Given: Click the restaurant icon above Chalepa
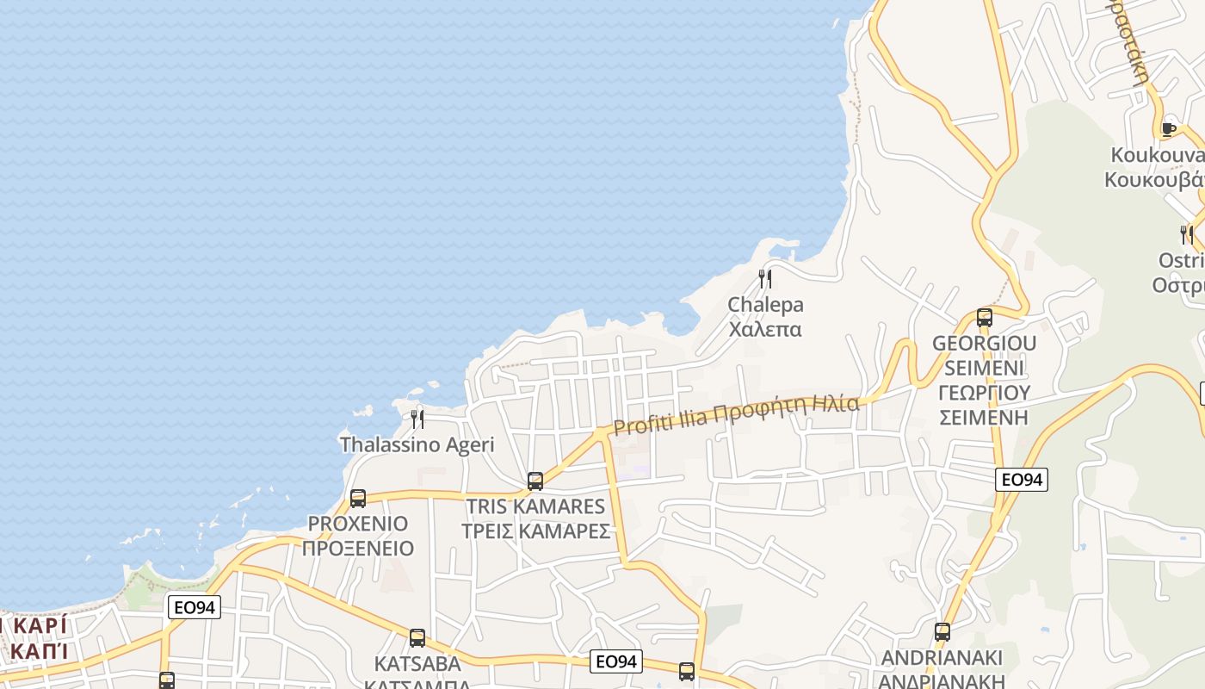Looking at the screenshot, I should (764, 279).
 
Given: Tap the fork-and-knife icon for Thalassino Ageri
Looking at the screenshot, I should (417, 419).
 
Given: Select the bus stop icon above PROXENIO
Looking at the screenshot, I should (358, 498).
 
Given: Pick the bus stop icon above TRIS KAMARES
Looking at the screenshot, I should (535, 481).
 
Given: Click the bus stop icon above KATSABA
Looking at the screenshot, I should (417, 638).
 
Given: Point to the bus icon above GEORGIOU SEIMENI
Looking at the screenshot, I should (985, 317).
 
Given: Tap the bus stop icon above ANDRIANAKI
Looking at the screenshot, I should (942, 632).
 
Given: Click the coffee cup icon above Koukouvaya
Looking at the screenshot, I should (1168, 129).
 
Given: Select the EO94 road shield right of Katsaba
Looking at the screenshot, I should (616, 661).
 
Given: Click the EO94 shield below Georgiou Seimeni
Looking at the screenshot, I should (1022, 480).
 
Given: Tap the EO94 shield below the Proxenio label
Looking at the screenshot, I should (194, 607).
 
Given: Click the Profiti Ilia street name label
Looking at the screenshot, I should (736, 414).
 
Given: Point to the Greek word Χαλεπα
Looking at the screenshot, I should (765, 329).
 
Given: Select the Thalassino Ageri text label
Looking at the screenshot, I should (417, 444).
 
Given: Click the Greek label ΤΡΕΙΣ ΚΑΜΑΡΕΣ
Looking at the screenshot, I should (535, 531).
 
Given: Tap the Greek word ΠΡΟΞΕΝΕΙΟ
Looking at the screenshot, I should (358, 548).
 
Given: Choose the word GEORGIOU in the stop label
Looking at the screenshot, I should (985, 343).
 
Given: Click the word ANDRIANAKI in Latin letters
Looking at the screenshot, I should (942, 659).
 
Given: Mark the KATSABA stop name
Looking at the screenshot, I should (417, 664).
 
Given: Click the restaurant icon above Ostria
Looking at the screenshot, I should (1186, 233).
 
